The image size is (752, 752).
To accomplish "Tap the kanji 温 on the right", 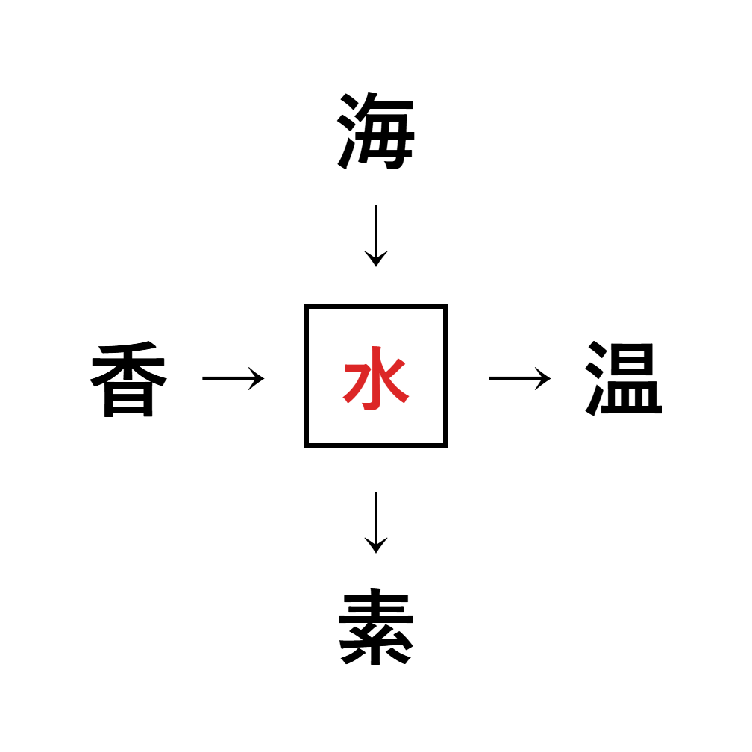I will click(623, 379).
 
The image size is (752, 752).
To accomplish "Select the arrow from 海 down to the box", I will click(375, 235).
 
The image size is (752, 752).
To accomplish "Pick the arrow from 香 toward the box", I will click(233, 378).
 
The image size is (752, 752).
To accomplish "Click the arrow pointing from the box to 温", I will click(519, 378).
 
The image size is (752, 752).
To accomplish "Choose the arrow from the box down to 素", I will click(375, 522).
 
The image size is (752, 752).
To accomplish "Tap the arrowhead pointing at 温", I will click(545, 378).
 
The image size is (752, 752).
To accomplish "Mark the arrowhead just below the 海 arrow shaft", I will click(375, 260).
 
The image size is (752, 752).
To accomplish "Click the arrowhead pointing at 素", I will click(375, 547).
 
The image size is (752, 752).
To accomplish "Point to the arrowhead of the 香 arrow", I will click(258, 378).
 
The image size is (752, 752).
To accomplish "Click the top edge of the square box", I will click(375, 307).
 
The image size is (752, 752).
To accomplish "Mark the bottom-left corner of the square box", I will click(307, 445).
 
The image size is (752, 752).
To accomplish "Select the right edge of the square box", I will click(445, 376).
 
